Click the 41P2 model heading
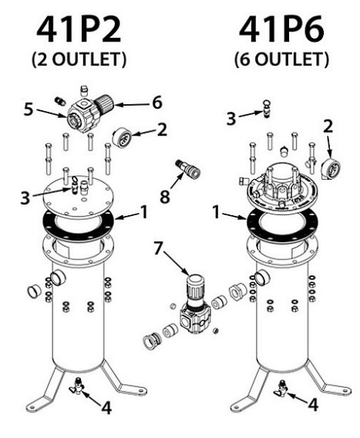pyautogui.click(x=79, y=30)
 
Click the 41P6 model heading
pyautogui.click(x=281, y=30)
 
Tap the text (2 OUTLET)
pyautogui.click(x=79, y=59)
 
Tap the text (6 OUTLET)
pyautogui.click(x=281, y=59)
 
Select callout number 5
pyautogui.click(x=29, y=109)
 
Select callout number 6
pyautogui.click(x=157, y=103)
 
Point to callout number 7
pyautogui.click(x=158, y=248)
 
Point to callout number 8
pyautogui.click(x=165, y=197)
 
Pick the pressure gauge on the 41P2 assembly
pyautogui.click(x=122, y=137)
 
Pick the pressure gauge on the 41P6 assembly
pyautogui.click(x=331, y=168)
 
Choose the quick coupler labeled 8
pyautogui.click(x=188, y=169)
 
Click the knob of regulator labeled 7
pyautogui.click(x=196, y=288)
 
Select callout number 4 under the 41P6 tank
pyautogui.click(x=313, y=405)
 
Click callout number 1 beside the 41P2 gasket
pyautogui.click(x=144, y=212)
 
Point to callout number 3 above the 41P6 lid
pyautogui.click(x=231, y=119)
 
